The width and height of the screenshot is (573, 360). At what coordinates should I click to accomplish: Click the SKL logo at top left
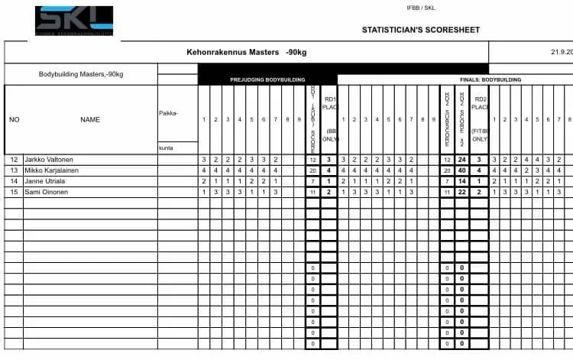(x=73, y=20)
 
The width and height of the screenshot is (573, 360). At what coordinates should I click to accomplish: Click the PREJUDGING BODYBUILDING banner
(x=267, y=79)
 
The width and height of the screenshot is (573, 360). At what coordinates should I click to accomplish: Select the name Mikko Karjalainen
(x=55, y=170)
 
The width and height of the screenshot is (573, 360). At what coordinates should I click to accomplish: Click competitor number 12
(x=14, y=160)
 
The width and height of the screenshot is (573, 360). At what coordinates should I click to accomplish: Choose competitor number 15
(x=14, y=192)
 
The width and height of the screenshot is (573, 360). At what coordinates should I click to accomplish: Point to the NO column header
(x=15, y=119)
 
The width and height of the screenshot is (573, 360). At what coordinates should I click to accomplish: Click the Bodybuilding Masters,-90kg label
(x=81, y=74)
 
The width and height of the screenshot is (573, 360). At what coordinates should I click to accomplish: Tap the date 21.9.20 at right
(x=561, y=53)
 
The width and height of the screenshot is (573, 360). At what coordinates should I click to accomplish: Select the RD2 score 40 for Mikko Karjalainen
(x=461, y=170)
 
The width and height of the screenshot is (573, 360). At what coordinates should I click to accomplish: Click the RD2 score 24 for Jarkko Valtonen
(x=461, y=160)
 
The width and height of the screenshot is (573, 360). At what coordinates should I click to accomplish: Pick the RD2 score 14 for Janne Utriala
(x=461, y=181)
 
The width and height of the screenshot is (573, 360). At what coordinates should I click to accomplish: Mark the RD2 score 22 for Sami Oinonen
(x=461, y=192)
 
